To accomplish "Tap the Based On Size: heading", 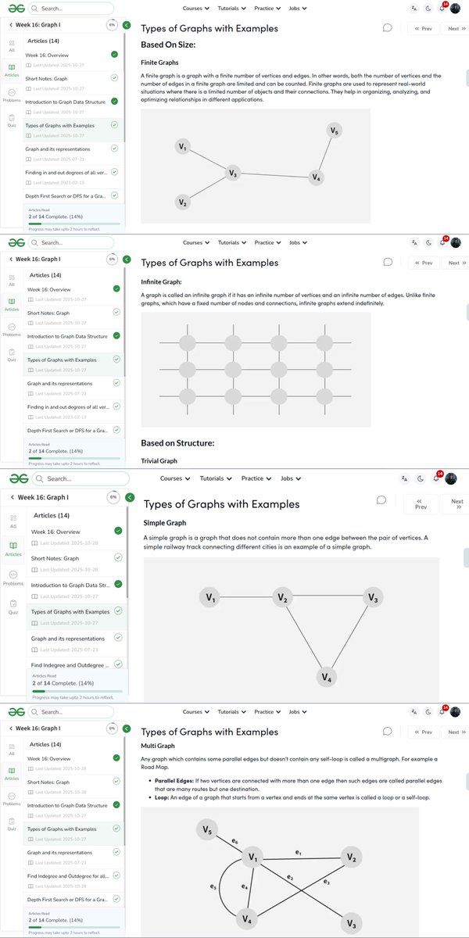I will tap(167, 45).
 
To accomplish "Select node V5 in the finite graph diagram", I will tap(335, 131).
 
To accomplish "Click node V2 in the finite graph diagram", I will tap(182, 202).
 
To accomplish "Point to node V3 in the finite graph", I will tap(232, 173).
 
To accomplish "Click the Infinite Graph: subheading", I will tap(161, 281).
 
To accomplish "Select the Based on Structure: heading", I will tap(177, 443).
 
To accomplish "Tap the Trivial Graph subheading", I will tap(159, 461).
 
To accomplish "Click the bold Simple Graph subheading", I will tap(165, 523).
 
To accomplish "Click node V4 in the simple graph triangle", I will tap(328, 677).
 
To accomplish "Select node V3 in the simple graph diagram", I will tap(373, 598).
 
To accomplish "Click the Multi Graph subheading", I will tap(159, 747).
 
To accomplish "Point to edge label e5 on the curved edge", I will tap(213, 886).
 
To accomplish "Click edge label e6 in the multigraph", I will tap(234, 841).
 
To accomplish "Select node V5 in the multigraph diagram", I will tap(206, 829).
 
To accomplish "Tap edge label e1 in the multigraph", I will tap(298, 850).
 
